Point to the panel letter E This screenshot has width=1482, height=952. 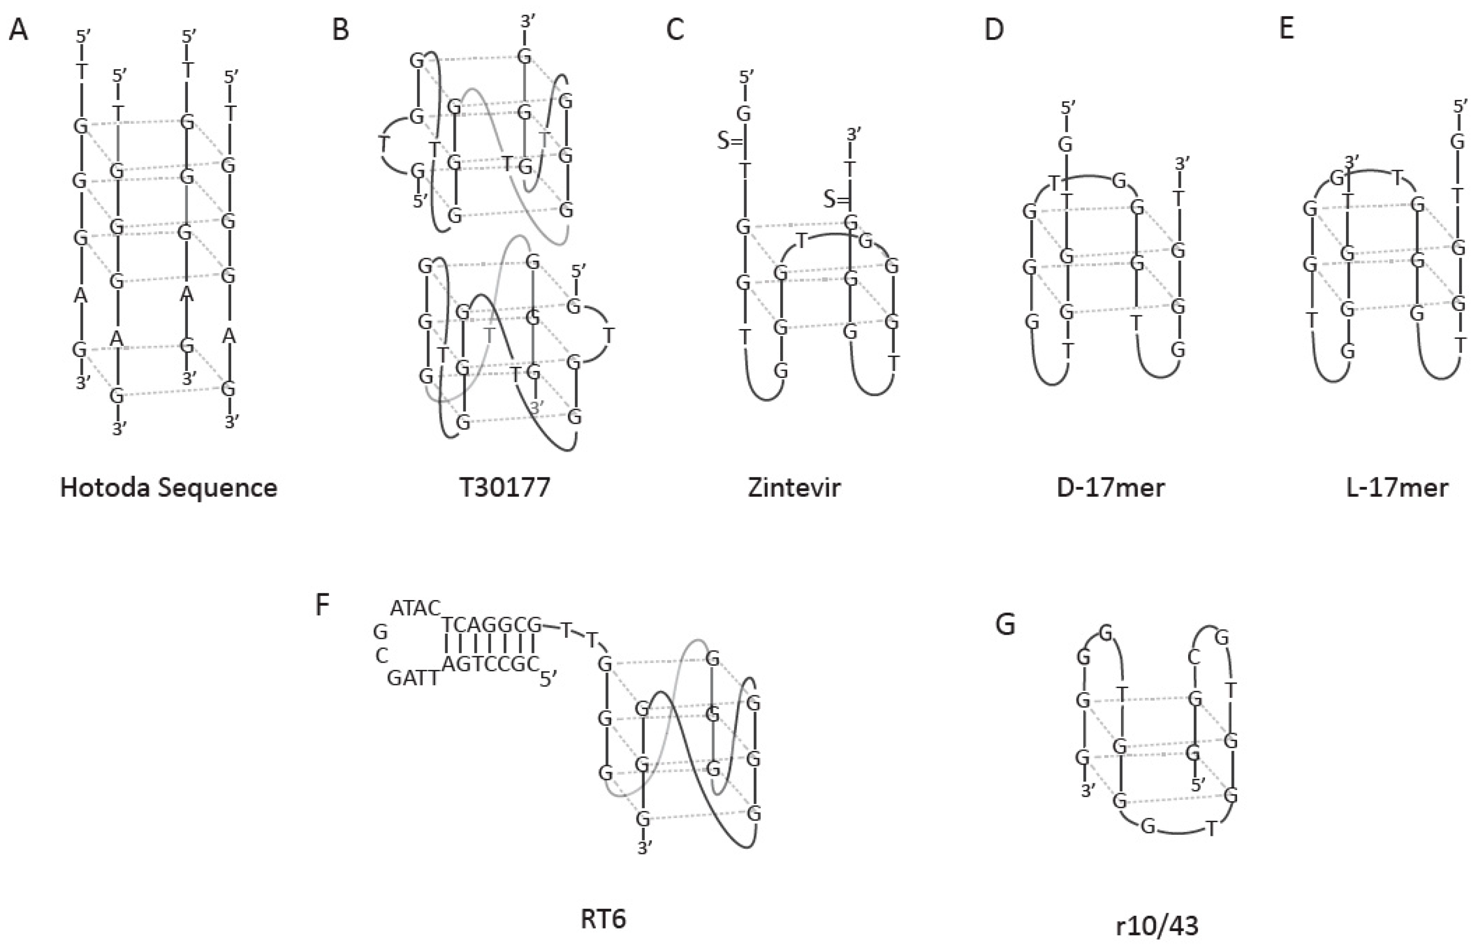(x=1287, y=29)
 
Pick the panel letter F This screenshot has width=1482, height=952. (x=322, y=605)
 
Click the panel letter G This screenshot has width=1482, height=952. (x=1005, y=625)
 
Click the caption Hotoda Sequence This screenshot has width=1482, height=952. (x=169, y=488)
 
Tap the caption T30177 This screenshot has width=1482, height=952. (x=505, y=488)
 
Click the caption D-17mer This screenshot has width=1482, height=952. (x=1111, y=488)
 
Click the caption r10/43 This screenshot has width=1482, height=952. (x=1158, y=926)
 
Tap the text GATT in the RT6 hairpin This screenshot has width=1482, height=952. (x=414, y=679)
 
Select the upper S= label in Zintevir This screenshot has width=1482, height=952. (x=730, y=141)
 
